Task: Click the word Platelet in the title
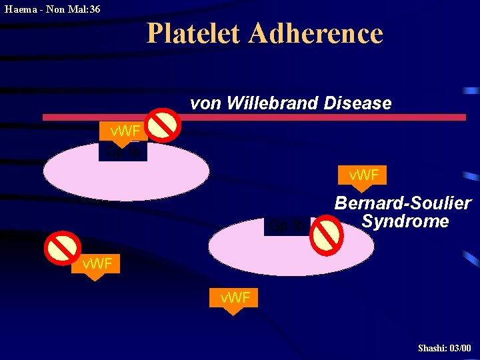(193, 33)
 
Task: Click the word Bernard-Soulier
(403, 203)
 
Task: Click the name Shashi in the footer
(431, 348)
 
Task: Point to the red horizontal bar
(253, 117)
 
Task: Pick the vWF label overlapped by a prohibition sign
(97, 265)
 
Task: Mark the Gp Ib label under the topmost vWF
(123, 152)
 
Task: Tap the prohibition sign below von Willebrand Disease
(164, 125)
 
